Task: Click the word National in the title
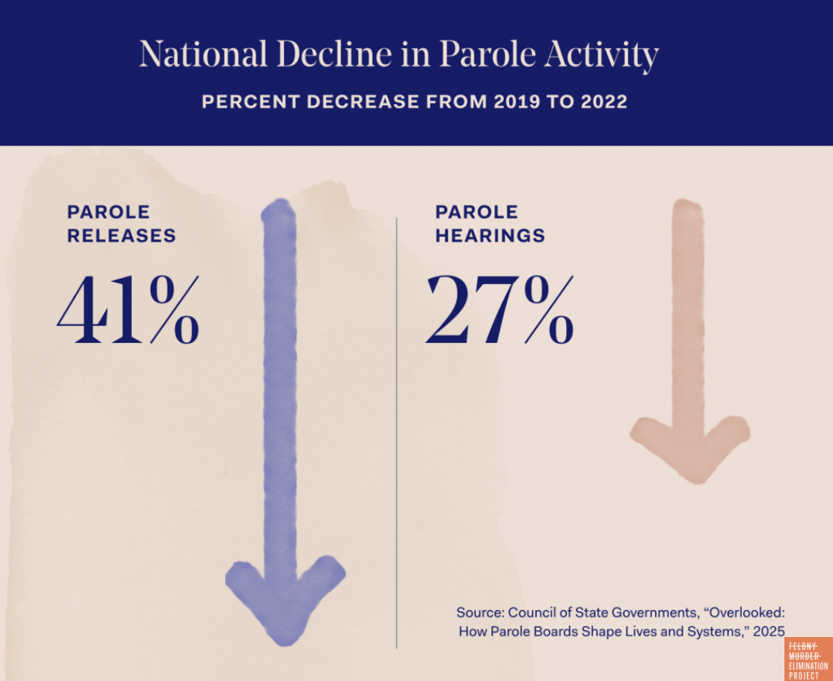pyautogui.click(x=204, y=55)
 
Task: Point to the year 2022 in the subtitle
pyautogui.click(x=602, y=101)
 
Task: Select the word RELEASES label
pyautogui.click(x=121, y=235)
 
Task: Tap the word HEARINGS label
pyautogui.click(x=490, y=235)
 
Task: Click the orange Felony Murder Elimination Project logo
pyautogui.click(x=808, y=659)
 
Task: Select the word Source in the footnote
pyautogui.click(x=479, y=612)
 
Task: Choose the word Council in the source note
pyautogui.click(x=531, y=612)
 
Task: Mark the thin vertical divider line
pyautogui.click(x=397, y=432)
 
